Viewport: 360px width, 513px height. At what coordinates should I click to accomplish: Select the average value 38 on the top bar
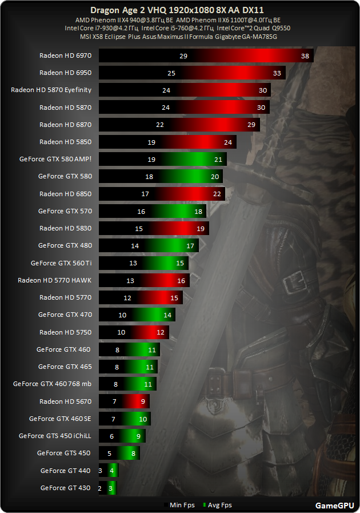(x=305, y=56)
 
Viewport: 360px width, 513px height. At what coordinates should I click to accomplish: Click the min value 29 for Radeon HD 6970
(x=183, y=56)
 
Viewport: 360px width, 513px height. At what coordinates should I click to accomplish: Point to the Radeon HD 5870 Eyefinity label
(x=51, y=90)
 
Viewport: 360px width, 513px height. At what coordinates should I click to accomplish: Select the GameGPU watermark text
(x=334, y=505)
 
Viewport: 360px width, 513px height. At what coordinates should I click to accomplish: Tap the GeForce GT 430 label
(x=66, y=488)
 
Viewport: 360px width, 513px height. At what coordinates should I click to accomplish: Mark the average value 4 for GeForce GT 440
(x=113, y=471)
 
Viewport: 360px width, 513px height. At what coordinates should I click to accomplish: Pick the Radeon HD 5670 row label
(x=65, y=401)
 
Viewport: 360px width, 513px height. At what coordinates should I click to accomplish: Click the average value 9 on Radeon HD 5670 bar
(x=143, y=401)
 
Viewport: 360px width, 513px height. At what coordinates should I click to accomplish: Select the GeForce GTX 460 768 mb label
(x=52, y=384)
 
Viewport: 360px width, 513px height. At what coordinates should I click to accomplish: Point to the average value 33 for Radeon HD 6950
(x=277, y=73)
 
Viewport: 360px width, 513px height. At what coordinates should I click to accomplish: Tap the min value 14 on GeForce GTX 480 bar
(x=135, y=246)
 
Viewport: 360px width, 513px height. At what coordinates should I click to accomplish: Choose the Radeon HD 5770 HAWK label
(x=55, y=280)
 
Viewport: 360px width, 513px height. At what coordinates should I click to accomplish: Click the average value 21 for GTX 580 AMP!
(x=218, y=160)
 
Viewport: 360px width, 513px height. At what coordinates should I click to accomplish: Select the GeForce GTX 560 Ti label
(x=61, y=263)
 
